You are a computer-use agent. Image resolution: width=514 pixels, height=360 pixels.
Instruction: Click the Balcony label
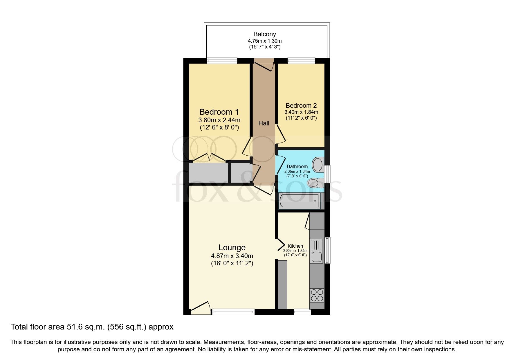tap(264, 34)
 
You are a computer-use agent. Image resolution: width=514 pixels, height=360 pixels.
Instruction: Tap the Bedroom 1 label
tap(219, 112)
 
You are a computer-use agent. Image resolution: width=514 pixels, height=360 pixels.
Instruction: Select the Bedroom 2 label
tap(301, 105)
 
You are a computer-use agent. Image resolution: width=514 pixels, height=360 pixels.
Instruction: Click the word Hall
tap(264, 123)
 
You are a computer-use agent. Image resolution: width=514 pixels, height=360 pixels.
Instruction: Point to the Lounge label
tap(232, 247)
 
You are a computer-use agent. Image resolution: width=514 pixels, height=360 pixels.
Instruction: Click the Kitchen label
tap(295, 246)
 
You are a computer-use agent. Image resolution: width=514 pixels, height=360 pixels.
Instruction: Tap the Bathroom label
tap(297, 166)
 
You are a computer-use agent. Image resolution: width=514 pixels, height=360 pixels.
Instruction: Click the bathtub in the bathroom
tap(299, 201)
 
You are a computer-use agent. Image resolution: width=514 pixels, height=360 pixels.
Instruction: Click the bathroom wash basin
tap(318, 165)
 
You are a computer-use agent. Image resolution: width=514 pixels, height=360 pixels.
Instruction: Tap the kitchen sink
tap(316, 251)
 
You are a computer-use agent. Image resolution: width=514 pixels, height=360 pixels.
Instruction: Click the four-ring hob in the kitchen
tap(317, 295)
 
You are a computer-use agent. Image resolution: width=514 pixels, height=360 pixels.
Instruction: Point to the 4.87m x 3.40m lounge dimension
tap(232, 256)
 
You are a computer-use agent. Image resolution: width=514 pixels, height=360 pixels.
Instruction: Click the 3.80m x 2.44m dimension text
tap(219, 120)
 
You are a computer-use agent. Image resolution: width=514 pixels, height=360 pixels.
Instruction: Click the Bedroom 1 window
tap(222, 61)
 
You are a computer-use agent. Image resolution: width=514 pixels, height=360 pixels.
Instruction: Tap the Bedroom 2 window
tap(301, 61)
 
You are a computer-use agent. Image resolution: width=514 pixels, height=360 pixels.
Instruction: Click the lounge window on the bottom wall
tap(233, 312)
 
